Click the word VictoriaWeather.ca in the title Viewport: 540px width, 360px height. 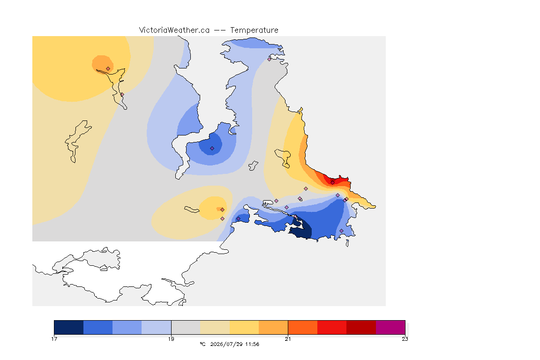pos(174,30)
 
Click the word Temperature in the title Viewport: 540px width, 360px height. pos(254,30)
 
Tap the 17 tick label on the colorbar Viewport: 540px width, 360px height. pos(54,339)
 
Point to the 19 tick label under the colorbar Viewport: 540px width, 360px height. pos(171,339)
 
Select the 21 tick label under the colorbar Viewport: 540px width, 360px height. pos(288,339)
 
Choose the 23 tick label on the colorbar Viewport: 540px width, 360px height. pos(405,339)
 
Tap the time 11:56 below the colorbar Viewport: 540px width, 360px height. pos(252,344)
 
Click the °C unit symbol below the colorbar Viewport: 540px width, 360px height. pos(203,344)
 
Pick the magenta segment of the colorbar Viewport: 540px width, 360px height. pos(390,327)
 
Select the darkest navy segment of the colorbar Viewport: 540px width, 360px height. pos(69,327)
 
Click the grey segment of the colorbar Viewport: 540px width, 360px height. pos(186,327)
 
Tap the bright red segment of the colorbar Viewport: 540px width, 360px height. pos(332,327)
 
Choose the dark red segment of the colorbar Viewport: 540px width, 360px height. pos(361,327)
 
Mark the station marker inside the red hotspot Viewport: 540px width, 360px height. pos(332,183)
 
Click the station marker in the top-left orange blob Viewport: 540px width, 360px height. pos(108,68)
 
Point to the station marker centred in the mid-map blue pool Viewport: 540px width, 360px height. pos(212,149)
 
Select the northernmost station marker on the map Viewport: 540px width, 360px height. pos(270,59)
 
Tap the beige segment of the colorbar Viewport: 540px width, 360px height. pos(215,327)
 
